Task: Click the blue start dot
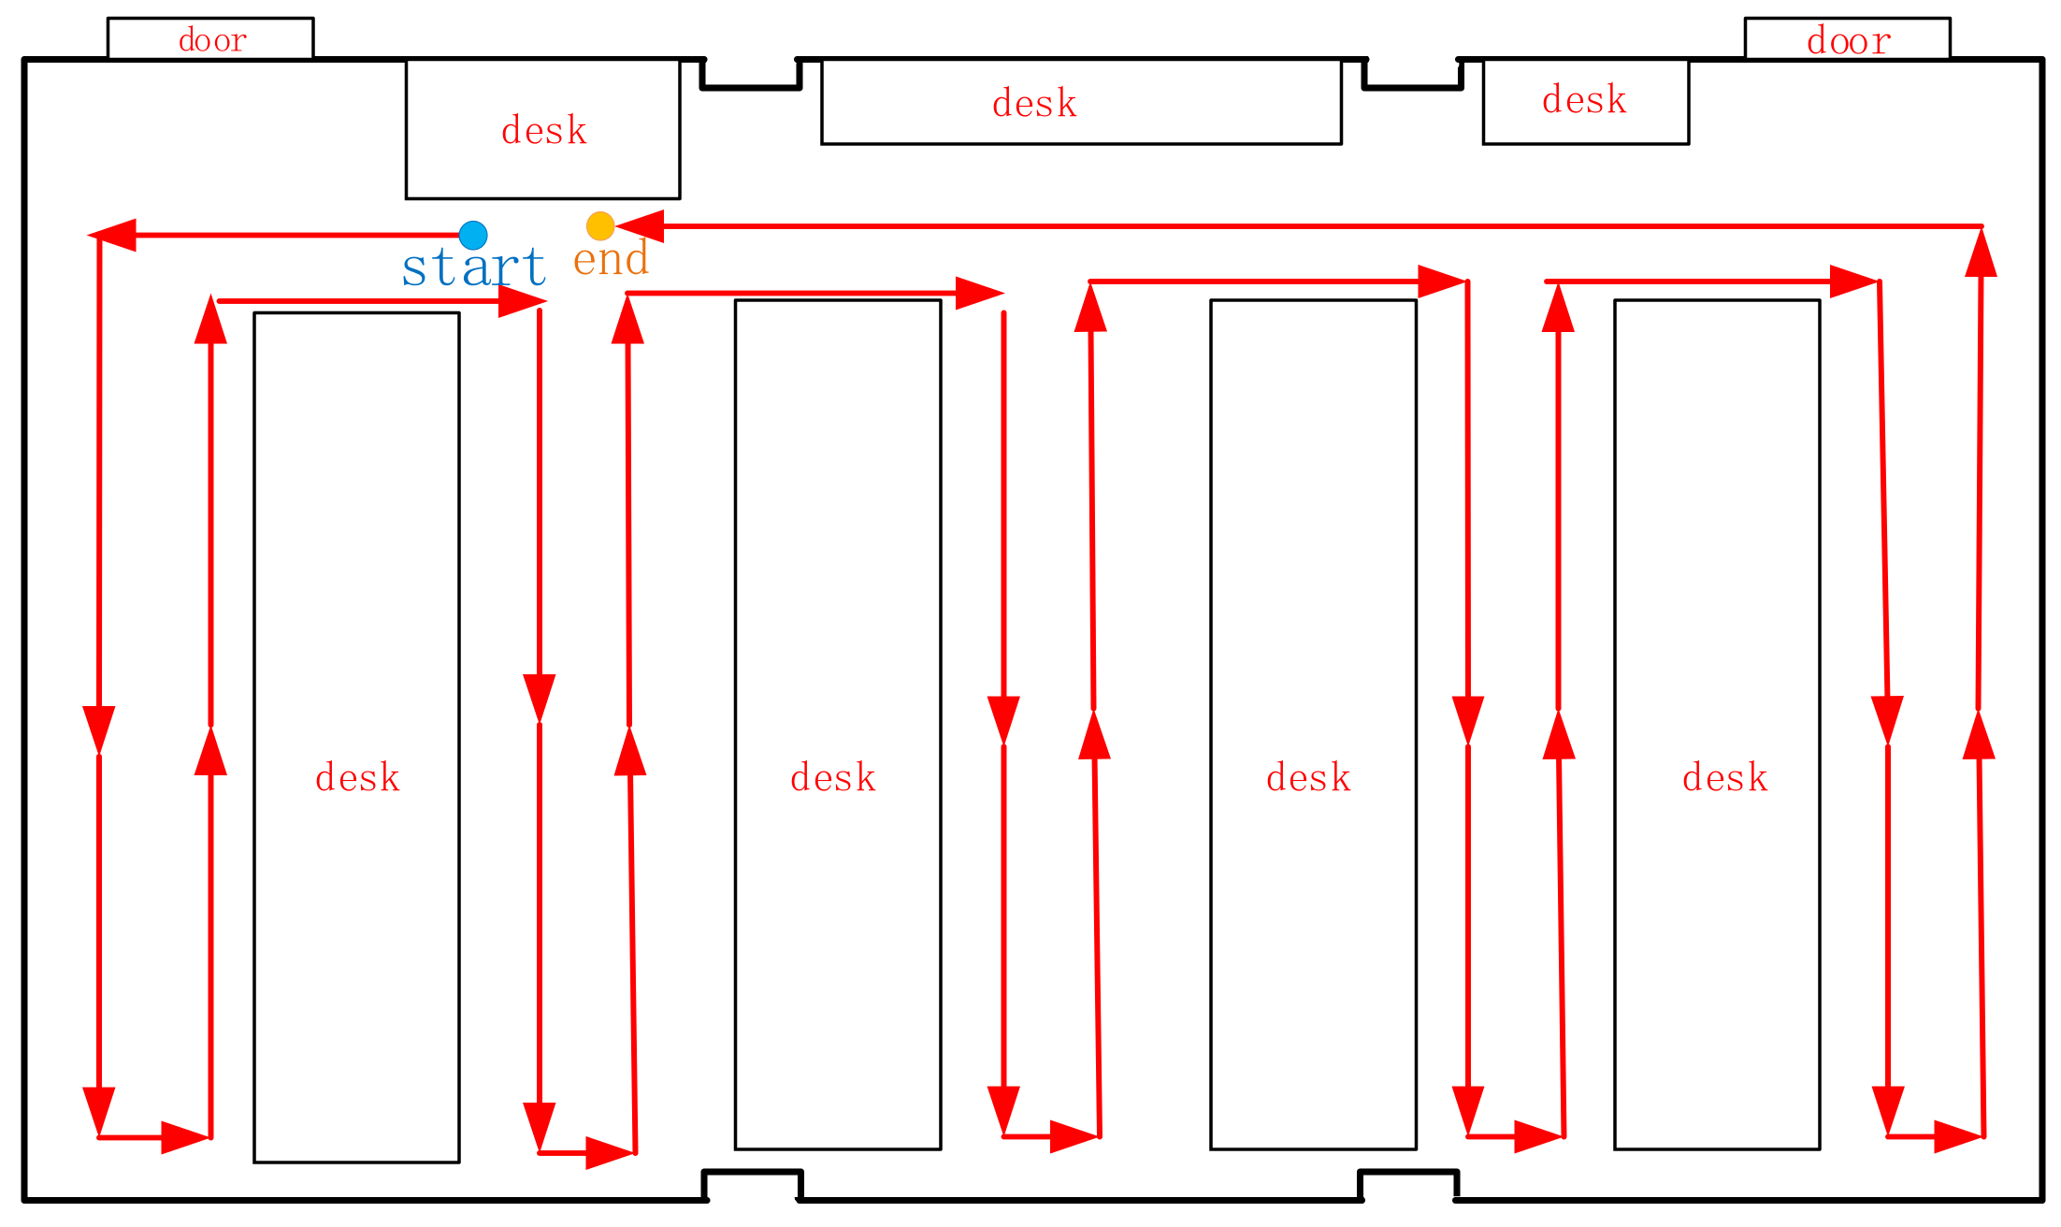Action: point(473,235)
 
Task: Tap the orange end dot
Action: point(600,225)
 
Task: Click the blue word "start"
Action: point(474,267)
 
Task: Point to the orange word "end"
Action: point(611,260)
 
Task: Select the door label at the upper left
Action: point(212,40)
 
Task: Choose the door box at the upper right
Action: point(1847,39)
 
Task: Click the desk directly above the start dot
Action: point(542,129)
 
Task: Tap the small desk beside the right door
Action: point(1585,101)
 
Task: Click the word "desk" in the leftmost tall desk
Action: point(357,777)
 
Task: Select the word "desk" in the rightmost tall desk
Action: point(1725,777)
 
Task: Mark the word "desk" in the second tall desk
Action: point(833,777)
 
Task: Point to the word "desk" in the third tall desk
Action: point(1309,777)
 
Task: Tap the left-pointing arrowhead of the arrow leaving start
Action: point(113,235)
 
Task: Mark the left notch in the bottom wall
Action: point(753,1184)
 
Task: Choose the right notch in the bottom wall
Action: point(1408,1184)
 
